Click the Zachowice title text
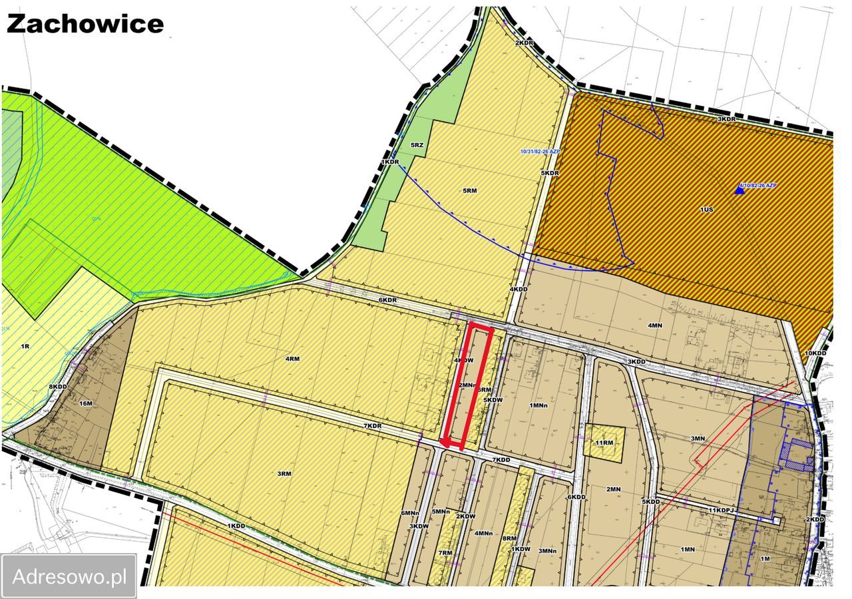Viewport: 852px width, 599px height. tap(85, 24)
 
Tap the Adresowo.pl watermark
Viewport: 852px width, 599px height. tap(69, 576)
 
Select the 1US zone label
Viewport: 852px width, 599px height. tap(706, 209)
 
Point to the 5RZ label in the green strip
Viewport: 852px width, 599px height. tap(417, 144)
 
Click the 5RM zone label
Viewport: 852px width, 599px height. tap(470, 190)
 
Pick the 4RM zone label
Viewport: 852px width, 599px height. tap(292, 359)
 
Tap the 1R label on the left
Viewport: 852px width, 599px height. tap(25, 347)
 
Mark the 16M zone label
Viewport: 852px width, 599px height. tap(85, 403)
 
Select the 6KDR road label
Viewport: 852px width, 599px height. tap(388, 300)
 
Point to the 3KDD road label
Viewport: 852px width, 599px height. tap(636, 361)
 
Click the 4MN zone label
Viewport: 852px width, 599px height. tap(655, 325)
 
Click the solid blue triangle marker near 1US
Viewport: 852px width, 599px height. tap(739, 190)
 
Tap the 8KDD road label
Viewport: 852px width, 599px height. tap(59, 387)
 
